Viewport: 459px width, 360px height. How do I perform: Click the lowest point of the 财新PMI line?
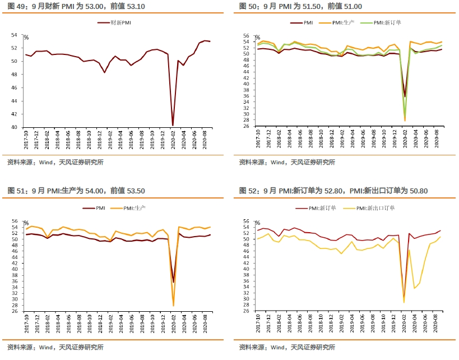click(173, 125)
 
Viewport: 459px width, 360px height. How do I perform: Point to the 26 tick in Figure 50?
click(247, 127)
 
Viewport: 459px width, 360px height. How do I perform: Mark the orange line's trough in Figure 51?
click(173, 306)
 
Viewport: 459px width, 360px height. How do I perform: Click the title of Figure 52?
click(333, 191)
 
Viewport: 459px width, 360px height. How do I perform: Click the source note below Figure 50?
click(287, 163)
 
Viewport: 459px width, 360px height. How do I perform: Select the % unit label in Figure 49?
click(26, 38)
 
